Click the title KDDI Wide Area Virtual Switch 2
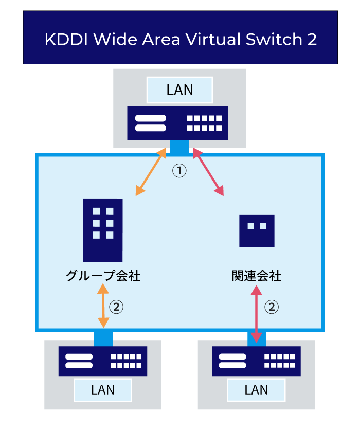pyautogui.click(x=181, y=40)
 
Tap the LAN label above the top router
pyautogui.click(x=179, y=90)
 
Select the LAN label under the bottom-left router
pyautogui.click(x=103, y=389)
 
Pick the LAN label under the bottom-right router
pyautogui.click(x=256, y=389)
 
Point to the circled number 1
pyautogui.click(x=179, y=171)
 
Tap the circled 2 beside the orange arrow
pyautogui.click(x=117, y=308)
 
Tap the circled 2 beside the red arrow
pyautogui.click(x=272, y=308)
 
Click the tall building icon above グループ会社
pyautogui.click(x=103, y=229)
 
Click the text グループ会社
pyautogui.click(x=103, y=276)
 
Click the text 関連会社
pyautogui.click(x=257, y=276)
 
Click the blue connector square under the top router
pyautogui.click(x=179, y=148)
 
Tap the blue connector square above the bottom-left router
pyautogui.click(x=103, y=339)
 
